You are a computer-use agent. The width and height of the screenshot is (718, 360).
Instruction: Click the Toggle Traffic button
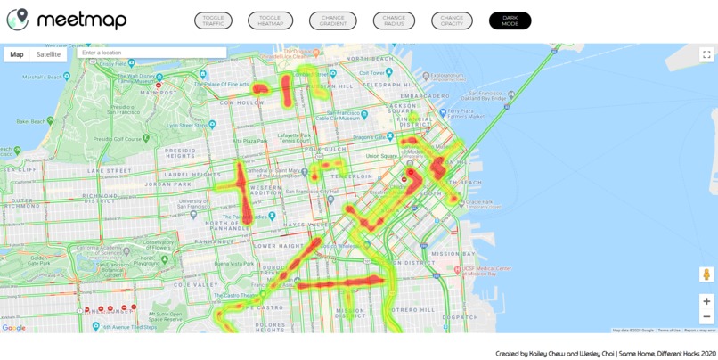pos(213,20)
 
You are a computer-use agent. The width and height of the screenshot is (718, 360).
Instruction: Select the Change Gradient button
pos(333,20)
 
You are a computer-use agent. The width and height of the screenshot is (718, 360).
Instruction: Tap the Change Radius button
pos(394,20)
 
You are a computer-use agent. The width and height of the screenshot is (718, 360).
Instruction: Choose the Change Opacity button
pos(452,20)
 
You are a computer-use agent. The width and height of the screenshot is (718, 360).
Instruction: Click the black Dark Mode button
pos(510,20)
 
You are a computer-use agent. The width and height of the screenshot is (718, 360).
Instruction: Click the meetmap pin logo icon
pos(18,20)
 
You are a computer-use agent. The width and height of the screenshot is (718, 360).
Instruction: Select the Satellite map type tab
pos(48,54)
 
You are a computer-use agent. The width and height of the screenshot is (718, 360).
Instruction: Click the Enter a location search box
pos(151,53)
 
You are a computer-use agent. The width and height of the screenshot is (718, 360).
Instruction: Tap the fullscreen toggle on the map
pos(706,54)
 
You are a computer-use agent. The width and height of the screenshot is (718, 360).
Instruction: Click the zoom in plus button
pos(706,301)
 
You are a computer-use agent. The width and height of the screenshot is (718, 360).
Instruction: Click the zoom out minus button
pos(706,316)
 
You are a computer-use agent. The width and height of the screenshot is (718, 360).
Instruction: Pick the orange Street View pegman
pos(706,274)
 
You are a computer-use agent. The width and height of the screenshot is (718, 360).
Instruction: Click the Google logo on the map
pos(13,328)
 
